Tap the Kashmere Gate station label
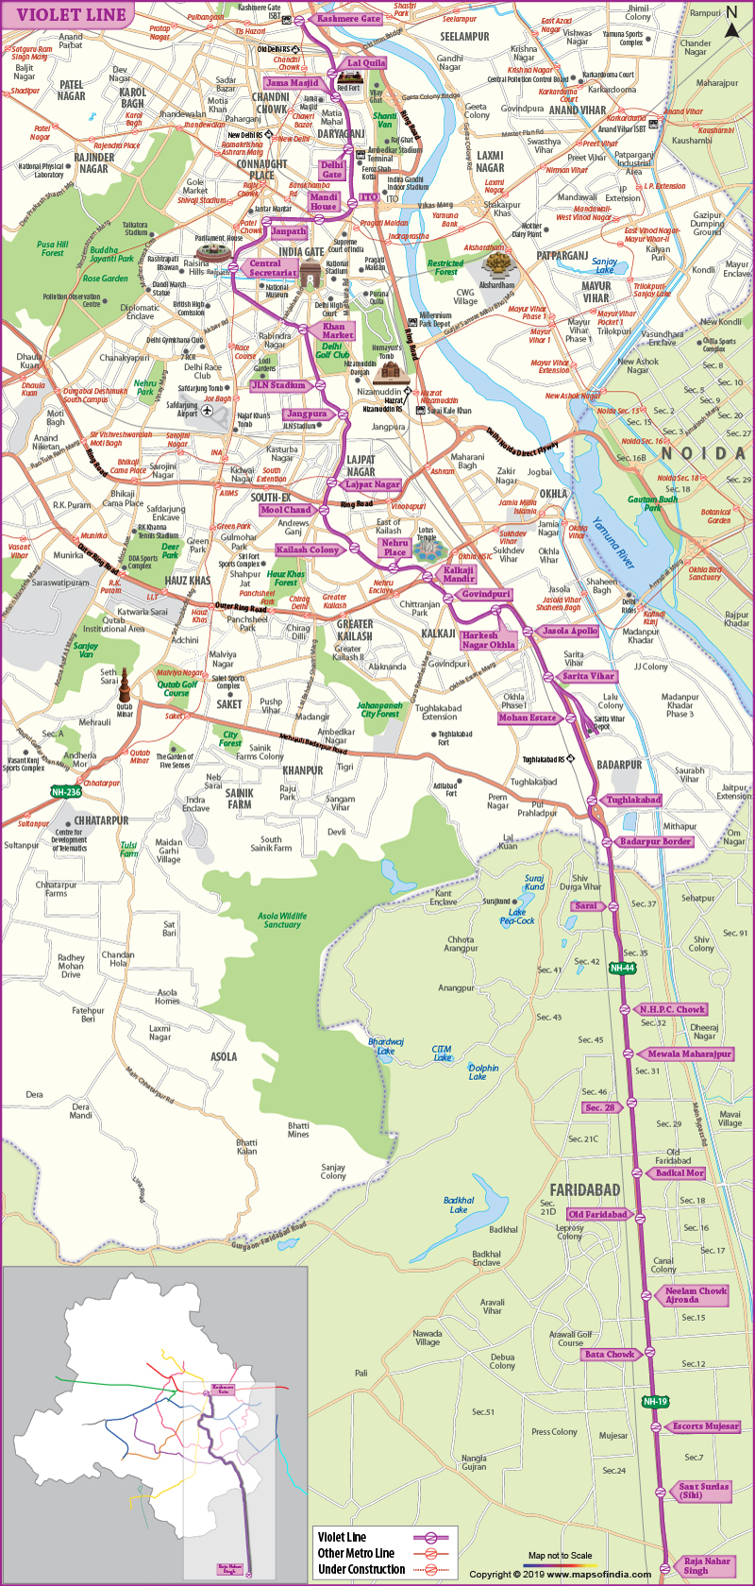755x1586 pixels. [348, 19]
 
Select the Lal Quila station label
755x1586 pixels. [366, 63]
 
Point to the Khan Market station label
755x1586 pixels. [337, 330]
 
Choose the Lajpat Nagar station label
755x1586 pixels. [372, 484]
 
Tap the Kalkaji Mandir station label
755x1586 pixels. [458, 574]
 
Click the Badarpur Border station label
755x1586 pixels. [655, 841]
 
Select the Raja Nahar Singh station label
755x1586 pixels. [707, 1565]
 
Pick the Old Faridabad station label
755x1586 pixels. [597, 1214]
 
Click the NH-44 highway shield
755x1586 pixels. [622, 968]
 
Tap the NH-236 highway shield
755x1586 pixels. [66, 792]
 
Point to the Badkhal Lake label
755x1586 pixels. [459, 1205]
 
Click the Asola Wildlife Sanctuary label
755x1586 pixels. [282, 920]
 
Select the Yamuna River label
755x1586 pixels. [614, 543]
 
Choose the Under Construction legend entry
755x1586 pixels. [361, 1569]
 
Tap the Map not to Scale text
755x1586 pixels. [561, 1555]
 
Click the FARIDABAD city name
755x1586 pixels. [585, 1189]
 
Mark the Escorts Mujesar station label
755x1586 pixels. [704, 1426]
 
